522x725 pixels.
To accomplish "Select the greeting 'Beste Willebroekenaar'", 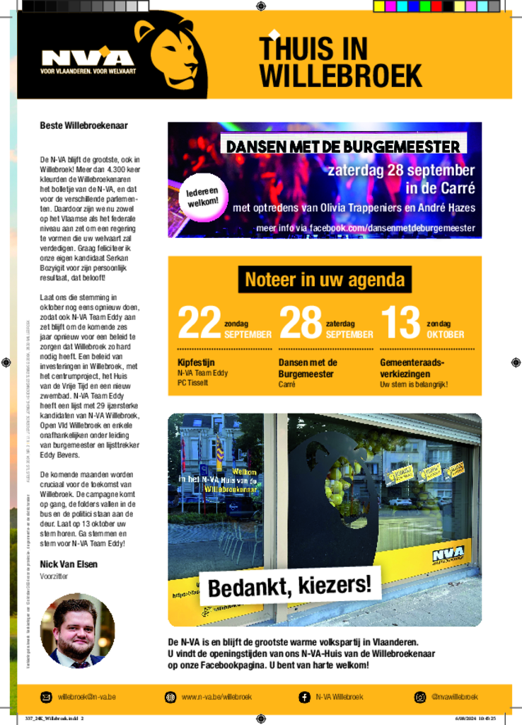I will [83, 125].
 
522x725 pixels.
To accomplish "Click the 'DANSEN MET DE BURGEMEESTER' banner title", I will [343, 147].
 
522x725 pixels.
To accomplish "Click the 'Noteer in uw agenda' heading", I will [325, 280].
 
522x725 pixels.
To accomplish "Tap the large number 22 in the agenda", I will [199, 323].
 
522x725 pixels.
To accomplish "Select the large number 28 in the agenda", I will [301, 323].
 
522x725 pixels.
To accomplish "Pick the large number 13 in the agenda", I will [400, 323].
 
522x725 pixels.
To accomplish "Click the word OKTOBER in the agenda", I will [445, 334].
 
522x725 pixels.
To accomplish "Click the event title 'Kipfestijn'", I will [194, 362].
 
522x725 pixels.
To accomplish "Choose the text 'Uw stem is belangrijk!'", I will [414, 384].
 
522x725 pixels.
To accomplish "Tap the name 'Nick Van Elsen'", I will [69, 564].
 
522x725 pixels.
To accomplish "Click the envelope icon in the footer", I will [46, 697].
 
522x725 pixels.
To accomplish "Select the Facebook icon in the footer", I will [304, 697].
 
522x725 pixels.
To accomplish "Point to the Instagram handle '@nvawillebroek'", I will [454, 697].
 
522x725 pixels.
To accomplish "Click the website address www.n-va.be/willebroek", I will [216, 697].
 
